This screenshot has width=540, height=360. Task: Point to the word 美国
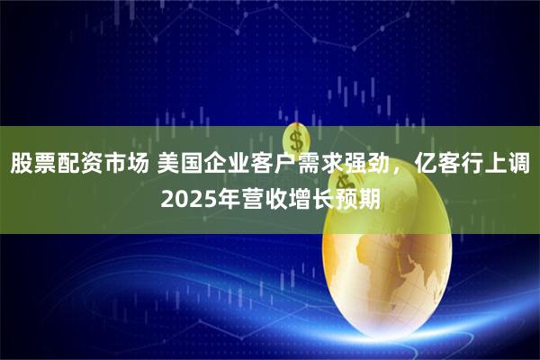click(x=182, y=165)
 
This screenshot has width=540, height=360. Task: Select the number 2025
click(x=186, y=197)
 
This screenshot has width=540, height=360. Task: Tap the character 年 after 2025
click(x=224, y=197)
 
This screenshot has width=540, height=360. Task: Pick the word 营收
click(x=259, y=197)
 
